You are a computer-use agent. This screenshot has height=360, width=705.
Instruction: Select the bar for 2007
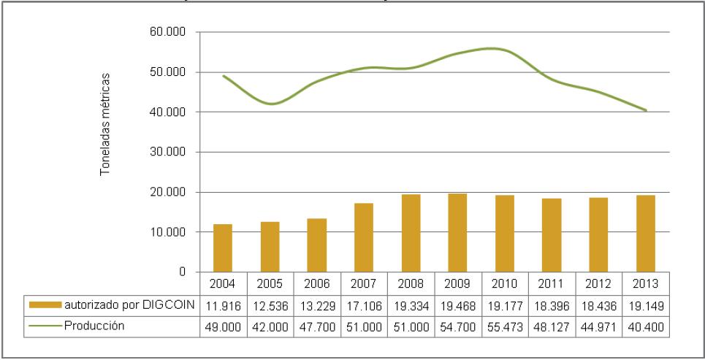(x=363, y=237)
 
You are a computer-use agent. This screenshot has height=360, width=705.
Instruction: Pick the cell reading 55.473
(x=505, y=326)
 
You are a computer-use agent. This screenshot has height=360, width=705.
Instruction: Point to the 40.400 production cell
(x=646, y=326)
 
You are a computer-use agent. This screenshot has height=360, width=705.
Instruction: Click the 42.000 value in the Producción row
(x=269, y=326)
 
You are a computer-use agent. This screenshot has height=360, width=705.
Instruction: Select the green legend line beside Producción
(x=45, y=326)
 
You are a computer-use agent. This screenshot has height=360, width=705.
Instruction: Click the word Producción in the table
(x=93, y=326)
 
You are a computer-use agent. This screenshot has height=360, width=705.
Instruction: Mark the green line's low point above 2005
(x=271, y=104)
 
